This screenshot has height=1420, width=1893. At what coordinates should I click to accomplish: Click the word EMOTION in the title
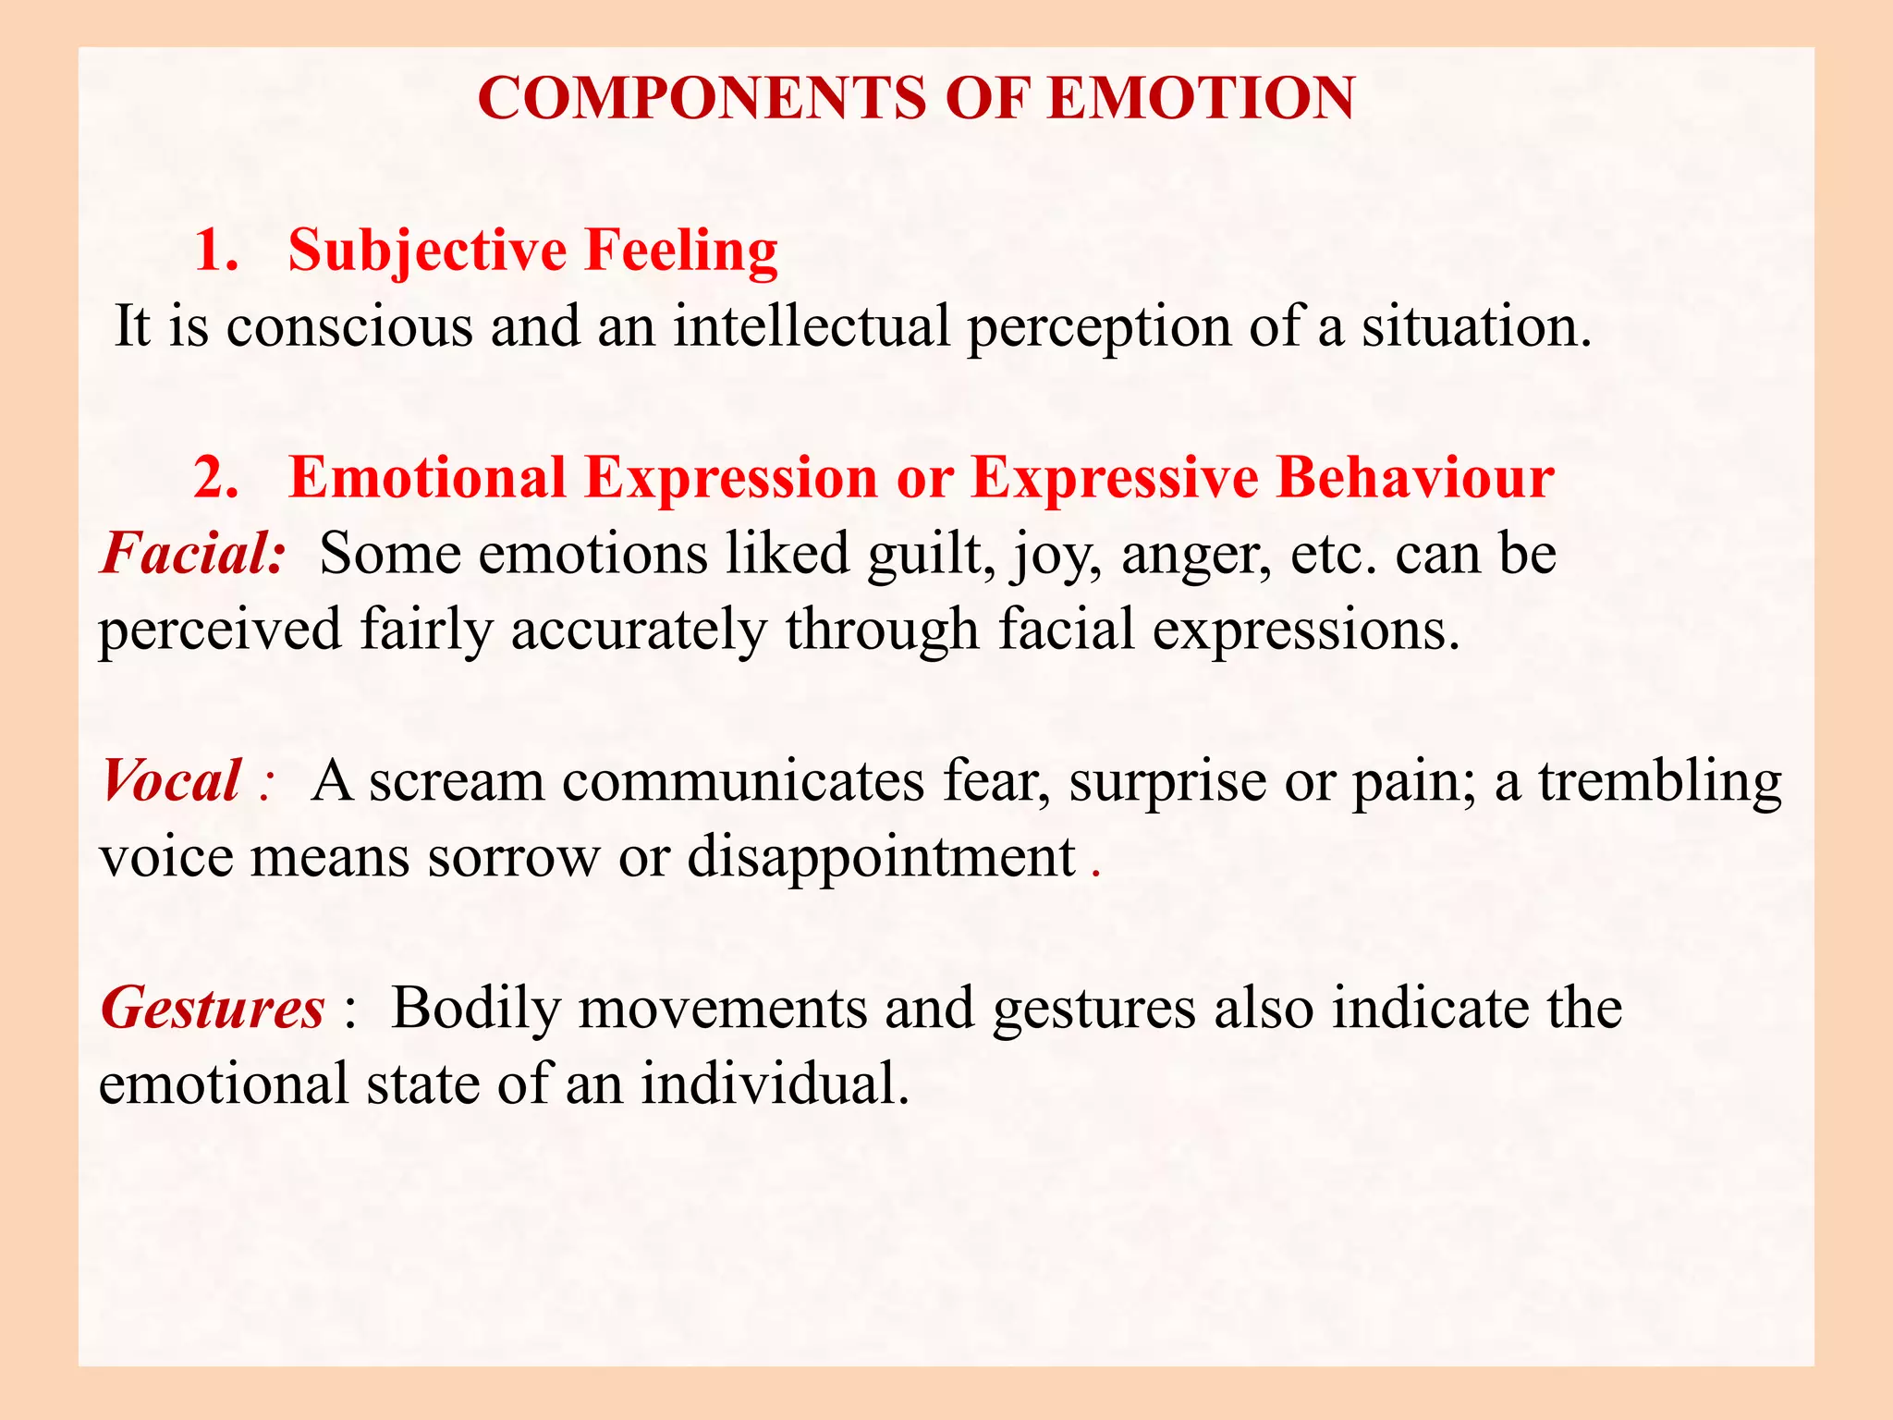(1202, 98)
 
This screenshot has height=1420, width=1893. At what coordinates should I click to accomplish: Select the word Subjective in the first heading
(427, 251)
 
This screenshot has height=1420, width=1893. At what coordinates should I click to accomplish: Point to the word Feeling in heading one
(681, 251)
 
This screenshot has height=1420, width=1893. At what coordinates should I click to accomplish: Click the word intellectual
(811, 326)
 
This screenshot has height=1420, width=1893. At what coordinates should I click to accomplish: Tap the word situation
(1476, 326)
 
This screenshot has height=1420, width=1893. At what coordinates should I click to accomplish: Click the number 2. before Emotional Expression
(216, 478)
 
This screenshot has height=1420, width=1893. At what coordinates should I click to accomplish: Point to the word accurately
(638, 631)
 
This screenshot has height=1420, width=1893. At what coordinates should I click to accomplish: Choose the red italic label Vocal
(172, 781)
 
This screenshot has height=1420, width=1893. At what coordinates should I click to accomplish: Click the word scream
(457, 782)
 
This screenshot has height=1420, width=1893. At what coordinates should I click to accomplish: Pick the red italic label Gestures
(213, 1009)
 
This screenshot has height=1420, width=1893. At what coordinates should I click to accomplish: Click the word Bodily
(476, 1009)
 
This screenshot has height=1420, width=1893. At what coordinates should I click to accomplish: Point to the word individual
(775, 1083)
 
